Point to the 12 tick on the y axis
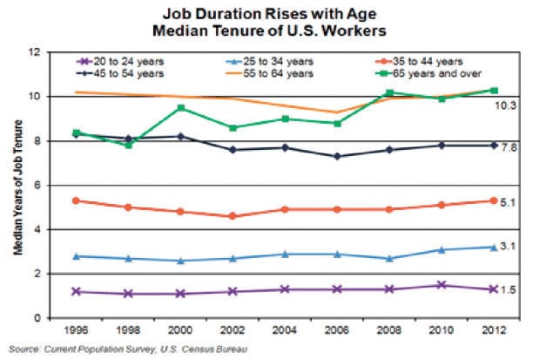[35, 51]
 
